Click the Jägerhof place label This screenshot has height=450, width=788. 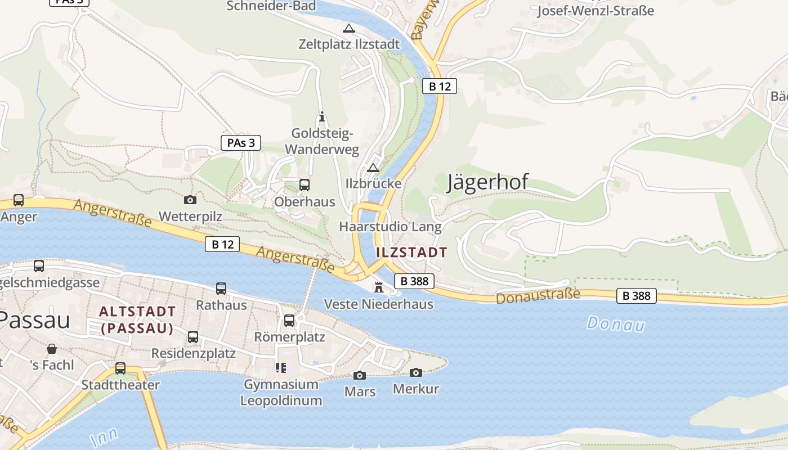click(487, 182)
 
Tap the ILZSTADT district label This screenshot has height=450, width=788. click(411, 252)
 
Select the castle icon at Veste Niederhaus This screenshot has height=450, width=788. click(379, 287)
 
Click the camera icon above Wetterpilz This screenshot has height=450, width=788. click(190, 199)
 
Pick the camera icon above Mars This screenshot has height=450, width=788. click(360, 375)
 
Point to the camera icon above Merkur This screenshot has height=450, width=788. click(416, 372)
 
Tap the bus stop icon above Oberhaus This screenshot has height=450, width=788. click(305, 184)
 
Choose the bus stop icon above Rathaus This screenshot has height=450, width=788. click(221, 289)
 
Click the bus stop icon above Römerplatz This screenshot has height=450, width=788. click(289, 321)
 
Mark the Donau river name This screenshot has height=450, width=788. click(615, 323)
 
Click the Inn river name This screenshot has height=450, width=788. click(104, 436)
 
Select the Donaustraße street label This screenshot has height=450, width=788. click(538, 296)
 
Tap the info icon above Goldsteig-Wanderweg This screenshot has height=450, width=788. click(322, 117)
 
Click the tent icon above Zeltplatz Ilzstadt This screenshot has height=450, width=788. click(349, 28)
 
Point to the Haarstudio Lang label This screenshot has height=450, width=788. click(390, 227)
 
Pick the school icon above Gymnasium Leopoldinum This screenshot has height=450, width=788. click(281, 368)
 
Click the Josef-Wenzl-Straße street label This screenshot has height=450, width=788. click(596, 10)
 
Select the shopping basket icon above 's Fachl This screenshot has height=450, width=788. click(52, 349)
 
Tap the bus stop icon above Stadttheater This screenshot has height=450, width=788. click(120, 368)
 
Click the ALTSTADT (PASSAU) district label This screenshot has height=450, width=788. click(137, 319)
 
